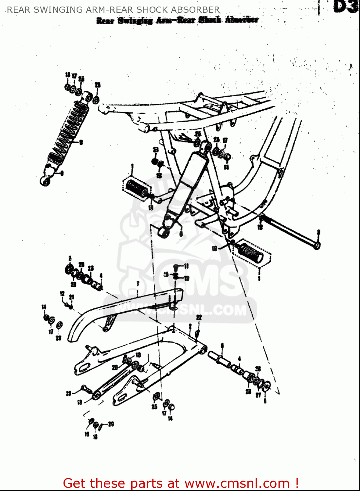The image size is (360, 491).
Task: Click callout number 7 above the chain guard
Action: click(x=138, y=284)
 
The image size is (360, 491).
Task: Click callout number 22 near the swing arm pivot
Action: click(x=199, y=318)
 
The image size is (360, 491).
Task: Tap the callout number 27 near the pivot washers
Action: click(x=258, y=395)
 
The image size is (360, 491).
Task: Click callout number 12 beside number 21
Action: click(x=62, y=294)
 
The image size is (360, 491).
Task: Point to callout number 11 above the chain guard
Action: click(x=186, y=266)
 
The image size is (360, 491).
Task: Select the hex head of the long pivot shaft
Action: click(x=317, y=245)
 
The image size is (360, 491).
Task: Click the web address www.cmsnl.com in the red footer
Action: click(x=237, y=483)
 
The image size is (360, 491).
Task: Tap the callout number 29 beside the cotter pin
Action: click(x=111, y=424)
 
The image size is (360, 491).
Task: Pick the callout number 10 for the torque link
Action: click(x=80, y=402)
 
